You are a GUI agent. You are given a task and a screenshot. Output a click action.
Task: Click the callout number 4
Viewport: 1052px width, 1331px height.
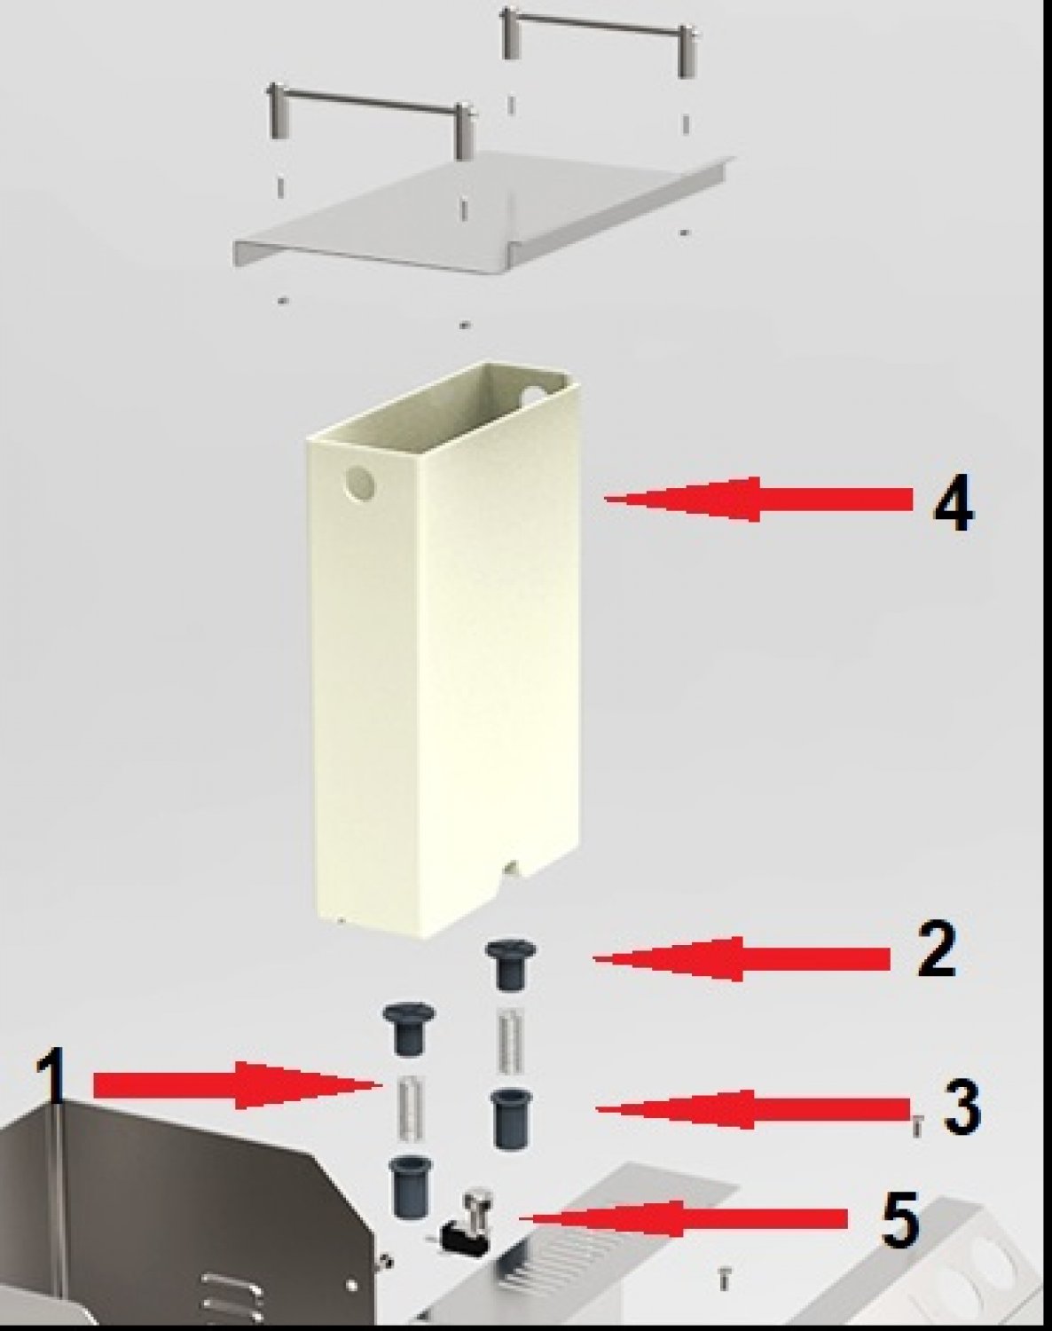953,506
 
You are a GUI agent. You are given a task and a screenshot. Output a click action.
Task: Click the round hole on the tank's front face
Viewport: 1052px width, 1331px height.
359,484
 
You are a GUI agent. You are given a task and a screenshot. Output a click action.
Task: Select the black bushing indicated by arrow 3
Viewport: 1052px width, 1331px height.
511,1120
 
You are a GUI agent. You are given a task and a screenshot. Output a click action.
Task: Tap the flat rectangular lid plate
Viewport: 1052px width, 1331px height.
483,214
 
